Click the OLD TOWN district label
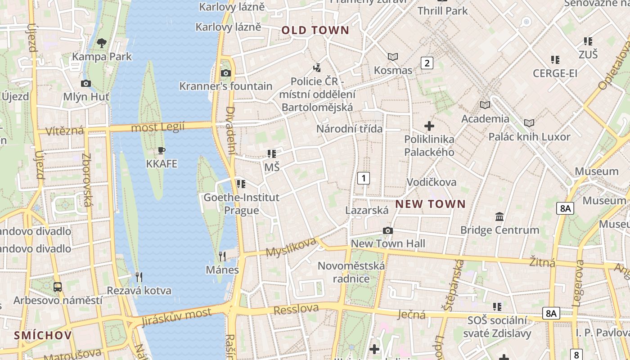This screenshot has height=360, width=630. point(315,31)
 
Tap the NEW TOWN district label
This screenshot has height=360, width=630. point(430,204)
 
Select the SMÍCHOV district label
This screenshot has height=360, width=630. point(43,335)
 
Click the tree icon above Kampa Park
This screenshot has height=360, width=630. point(102,43)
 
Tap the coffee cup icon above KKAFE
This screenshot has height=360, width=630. point(162,151)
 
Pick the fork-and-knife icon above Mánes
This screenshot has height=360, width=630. point(222,256)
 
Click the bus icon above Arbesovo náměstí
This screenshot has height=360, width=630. point(58,287)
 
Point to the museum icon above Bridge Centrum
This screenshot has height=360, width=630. point(499,217)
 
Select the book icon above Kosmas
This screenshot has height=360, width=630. point(393,57)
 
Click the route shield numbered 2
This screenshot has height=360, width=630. point(427,63)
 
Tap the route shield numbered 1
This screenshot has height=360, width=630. point(363,178)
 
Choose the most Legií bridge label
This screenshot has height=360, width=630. point(157,128)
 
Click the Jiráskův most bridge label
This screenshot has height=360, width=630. point(176,317)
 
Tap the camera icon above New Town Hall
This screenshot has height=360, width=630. point(387,231)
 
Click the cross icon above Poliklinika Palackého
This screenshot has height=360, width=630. point(429,126)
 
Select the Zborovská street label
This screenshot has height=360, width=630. point(86,180)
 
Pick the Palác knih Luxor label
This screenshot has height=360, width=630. point(529,137)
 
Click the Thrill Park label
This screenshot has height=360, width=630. point(443,10)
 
